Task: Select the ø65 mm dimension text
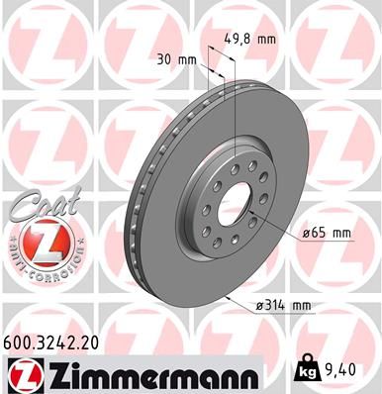327,233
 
